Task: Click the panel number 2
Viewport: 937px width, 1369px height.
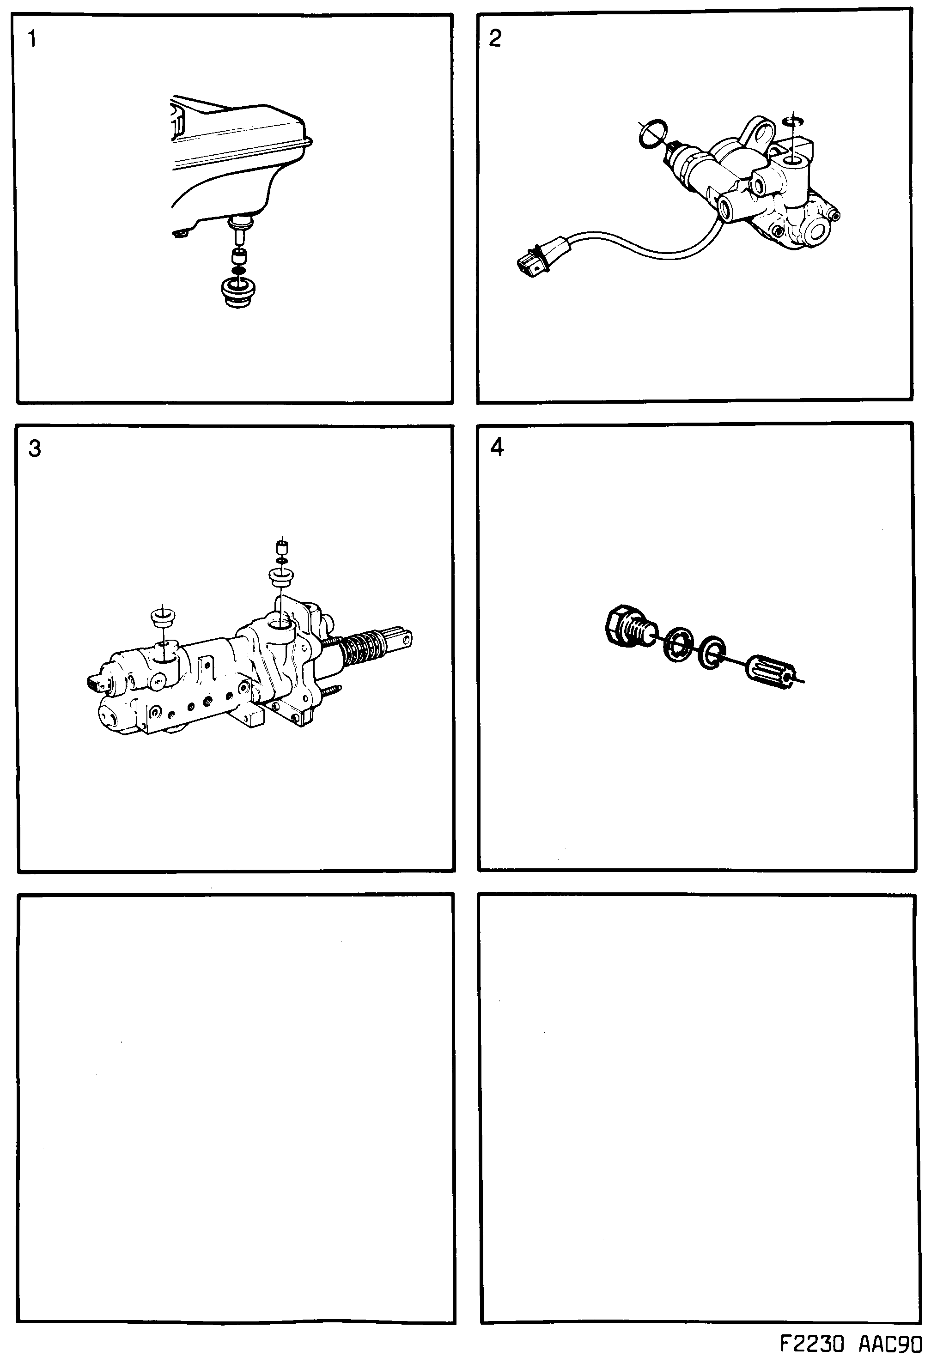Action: coord(495,38)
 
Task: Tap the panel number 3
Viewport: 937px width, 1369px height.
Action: coord(35,449)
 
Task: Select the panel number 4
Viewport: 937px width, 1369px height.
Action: coord(497,448)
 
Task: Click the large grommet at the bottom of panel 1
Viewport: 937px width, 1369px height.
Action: coord(238,293)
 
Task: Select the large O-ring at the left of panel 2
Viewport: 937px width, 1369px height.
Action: coord(652,134)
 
